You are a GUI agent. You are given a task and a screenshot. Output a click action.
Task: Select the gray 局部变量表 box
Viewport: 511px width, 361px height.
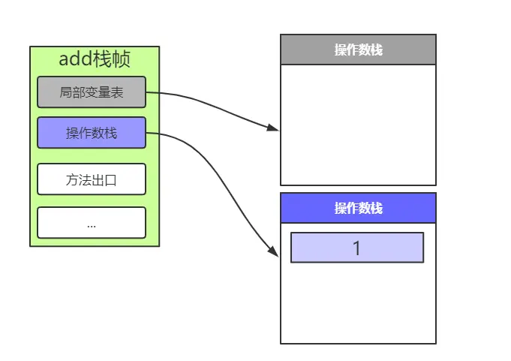92,93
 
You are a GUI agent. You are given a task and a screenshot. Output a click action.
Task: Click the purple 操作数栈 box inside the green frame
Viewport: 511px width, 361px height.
92,133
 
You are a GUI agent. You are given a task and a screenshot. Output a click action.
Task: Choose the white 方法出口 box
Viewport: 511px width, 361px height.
92,180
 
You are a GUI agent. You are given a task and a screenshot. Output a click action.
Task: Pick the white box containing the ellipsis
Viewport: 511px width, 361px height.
92,223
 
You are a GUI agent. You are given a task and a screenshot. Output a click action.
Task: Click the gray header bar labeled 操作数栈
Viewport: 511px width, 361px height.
358,50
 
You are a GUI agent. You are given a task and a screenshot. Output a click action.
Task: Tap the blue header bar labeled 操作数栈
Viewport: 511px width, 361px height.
358,208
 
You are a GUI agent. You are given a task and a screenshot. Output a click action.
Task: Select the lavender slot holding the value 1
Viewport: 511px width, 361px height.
357,248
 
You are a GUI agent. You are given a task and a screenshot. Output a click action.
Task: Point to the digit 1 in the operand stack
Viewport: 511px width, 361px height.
357,248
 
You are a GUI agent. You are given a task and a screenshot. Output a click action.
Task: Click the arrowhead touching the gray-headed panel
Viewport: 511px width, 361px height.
274,128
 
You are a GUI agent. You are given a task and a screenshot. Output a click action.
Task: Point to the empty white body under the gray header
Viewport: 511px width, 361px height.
358,124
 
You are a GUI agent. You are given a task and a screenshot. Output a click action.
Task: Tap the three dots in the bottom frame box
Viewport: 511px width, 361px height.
92,224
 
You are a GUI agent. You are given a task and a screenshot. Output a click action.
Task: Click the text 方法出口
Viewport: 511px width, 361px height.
92,180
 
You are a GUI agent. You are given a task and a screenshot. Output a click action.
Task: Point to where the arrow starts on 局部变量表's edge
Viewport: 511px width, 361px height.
146,93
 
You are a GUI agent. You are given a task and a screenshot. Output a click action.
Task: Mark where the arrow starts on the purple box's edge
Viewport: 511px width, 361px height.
146,134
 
